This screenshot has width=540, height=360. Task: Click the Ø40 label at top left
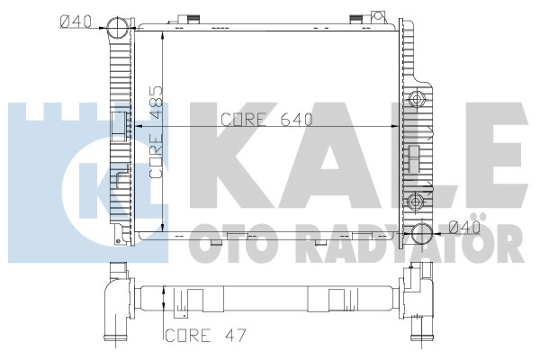(x=76, y=22)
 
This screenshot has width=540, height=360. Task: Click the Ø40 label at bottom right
(x=464, y=228)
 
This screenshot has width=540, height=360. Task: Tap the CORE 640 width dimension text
(x=266, y=120)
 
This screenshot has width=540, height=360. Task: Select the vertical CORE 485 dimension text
(x=156, y=132)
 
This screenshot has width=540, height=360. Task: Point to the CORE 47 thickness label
(x=206, y=335)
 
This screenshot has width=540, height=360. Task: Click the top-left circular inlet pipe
(x=118, y=28)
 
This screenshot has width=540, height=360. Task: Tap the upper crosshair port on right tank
(x=417, y=100)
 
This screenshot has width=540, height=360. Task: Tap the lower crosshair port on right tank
(x=416, y=201)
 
